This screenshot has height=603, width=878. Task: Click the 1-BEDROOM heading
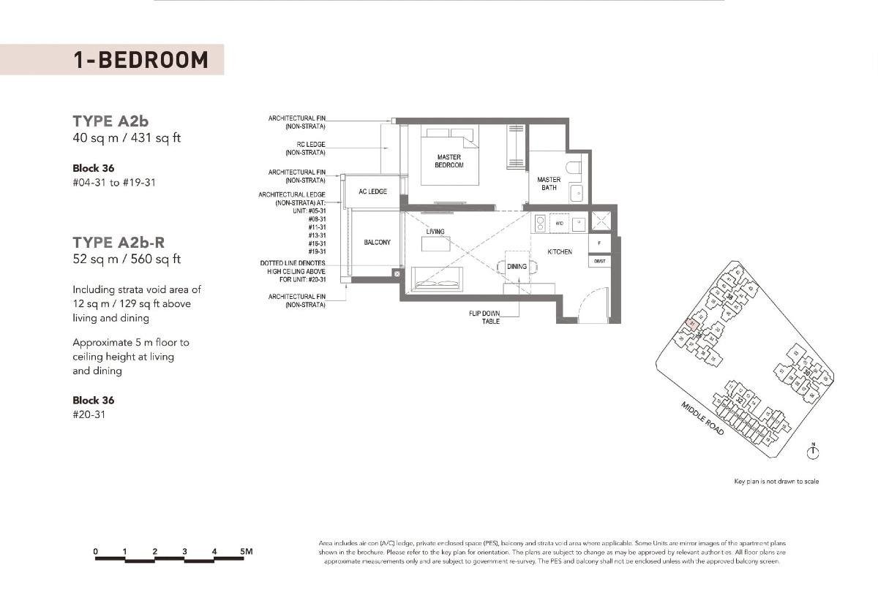coord(140,59)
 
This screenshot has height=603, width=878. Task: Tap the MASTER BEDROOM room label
coord(449,162)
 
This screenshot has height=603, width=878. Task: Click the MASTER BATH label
coord(549,183)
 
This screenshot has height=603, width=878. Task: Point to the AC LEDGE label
coord(372,191)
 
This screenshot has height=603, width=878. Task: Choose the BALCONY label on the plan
coord(377,242)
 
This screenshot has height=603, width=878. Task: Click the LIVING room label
coord(435,232)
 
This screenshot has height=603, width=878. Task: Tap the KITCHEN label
coord(560,252)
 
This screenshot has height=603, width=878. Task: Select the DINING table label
coord(517,267)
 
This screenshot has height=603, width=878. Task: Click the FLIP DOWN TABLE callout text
coord(484,317)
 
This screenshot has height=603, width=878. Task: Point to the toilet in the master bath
coord(575,167)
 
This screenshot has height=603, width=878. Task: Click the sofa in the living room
coord(437,278)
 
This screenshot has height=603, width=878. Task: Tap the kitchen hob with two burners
coord(540,222)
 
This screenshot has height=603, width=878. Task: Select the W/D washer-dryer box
coord(559,223)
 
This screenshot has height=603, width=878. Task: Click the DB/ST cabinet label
coord(599,261)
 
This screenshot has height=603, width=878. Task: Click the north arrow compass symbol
coord(812,453)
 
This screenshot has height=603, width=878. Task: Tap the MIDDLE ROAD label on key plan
coord(702,419)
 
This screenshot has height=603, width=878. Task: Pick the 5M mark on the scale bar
coord(246,551)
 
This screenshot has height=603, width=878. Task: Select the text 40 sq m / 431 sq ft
coord(126,138)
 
